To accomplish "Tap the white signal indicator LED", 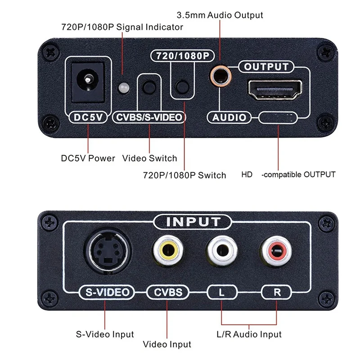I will coord(122,87).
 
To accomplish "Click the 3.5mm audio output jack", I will coord(220,76).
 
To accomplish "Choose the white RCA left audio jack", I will coord(221,252).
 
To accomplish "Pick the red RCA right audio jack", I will coord(275,252).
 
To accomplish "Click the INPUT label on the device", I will coord(193,221).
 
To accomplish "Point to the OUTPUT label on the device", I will coord(266,67).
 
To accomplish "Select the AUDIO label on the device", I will coord(229,117).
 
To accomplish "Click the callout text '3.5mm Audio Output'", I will coord(220,15).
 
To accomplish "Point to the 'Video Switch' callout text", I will coord(149,158).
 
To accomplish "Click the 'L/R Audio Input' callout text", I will coord(248,334).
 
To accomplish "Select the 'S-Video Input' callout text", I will coord(104,334).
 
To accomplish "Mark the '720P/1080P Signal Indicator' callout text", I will coord(122,27).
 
